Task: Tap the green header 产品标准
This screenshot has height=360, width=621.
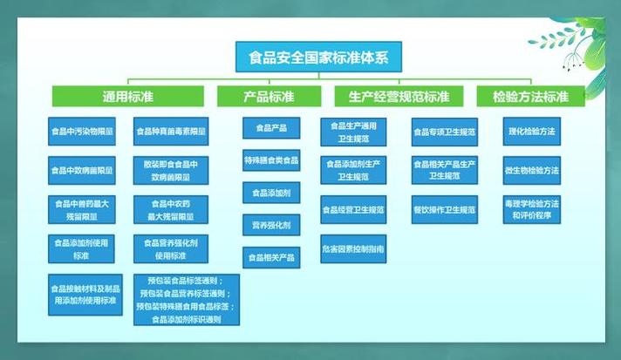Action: (268, 96)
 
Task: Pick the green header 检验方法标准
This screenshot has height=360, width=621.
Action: (530, 96)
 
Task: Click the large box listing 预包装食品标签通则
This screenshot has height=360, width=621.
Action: (186, 300)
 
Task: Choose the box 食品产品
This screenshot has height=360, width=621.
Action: (271, 129)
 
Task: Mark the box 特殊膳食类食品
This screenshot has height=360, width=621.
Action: (271, 160)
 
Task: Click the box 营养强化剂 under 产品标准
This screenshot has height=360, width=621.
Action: (271, 226)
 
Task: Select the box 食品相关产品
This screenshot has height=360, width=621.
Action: (271, 258)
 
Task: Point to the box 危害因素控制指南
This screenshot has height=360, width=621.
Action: (352, 249)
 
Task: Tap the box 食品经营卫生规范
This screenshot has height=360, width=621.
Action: (352, 210)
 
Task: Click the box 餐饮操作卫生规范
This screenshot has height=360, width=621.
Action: (444, 210)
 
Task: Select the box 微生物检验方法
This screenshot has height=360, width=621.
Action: (532, 170)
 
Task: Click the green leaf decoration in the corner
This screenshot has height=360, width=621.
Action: (571, 44)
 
